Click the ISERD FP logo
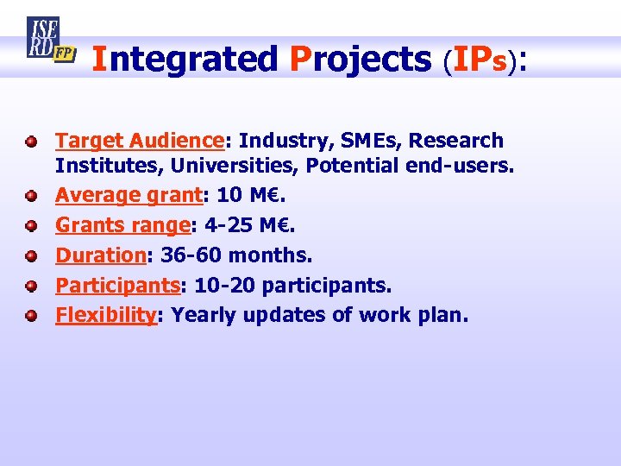50,41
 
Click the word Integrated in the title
185,60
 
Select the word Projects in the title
361,60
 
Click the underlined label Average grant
128,196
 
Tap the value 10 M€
249,196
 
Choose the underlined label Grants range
122,225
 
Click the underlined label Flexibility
105,316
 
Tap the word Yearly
204,316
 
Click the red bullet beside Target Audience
31,140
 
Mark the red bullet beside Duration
31,256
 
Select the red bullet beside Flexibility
31,316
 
